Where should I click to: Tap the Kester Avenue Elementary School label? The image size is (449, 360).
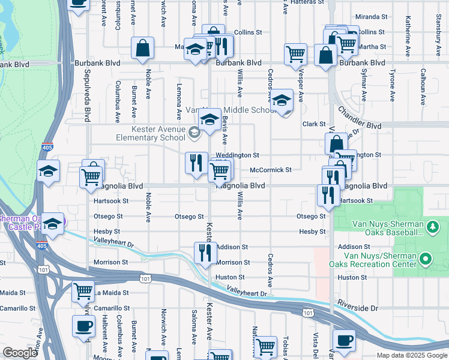pos(158,133)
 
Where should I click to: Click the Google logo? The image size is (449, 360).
pos(20,353)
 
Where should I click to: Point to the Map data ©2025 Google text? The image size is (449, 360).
pos(411,355)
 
